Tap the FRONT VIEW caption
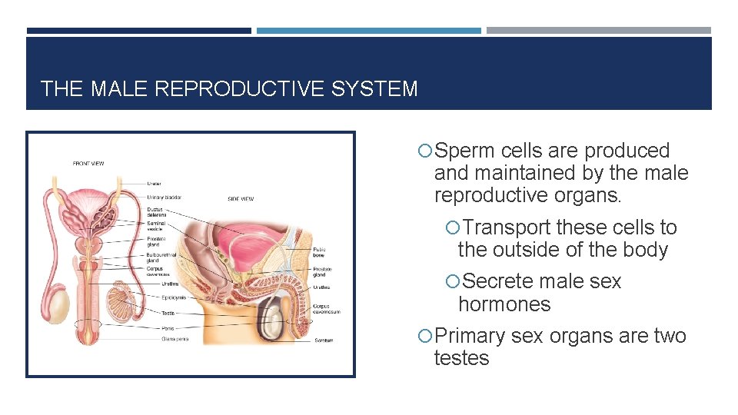[89, 164]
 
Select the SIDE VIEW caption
[241, 199]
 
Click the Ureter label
[155, 183]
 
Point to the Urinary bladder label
[164, 198]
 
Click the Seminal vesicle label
[157, 226]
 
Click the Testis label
[168, 313]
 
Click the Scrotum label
[324, 340]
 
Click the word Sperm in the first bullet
[465, 151]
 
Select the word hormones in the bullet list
[504, 304]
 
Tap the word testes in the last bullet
[461, 358]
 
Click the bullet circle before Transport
[452, 228]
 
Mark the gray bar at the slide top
[598, 31]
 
